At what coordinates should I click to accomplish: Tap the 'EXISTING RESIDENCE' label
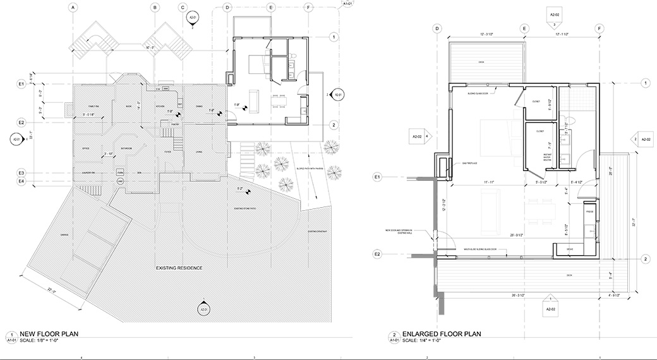pyautogui.click(x=179, y=268)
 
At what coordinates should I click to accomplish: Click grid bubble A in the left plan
pyautogui.click(x=73, y=8)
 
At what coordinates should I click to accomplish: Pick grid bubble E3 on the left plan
pyautogui.click(x=21, y=172)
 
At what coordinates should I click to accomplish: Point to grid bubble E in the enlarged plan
pyautogui.click(x=524, y=28)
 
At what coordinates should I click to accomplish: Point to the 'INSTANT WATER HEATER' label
pyautogui.click(x=548, y=157)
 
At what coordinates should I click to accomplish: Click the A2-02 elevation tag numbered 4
pyautogui.click(x=421, y=136)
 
